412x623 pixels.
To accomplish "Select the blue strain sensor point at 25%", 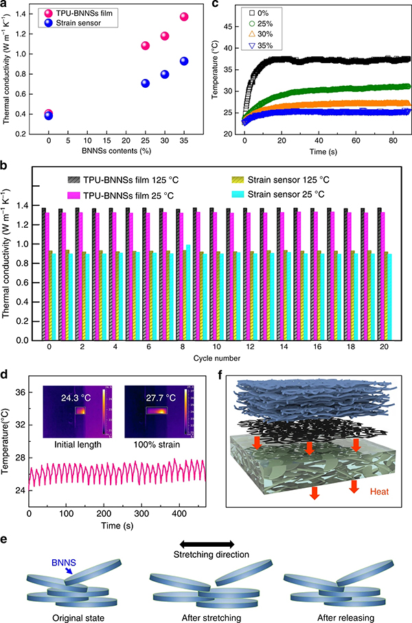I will click(x=146, y=84).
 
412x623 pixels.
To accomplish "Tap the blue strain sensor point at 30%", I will click(x=165, y=75).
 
